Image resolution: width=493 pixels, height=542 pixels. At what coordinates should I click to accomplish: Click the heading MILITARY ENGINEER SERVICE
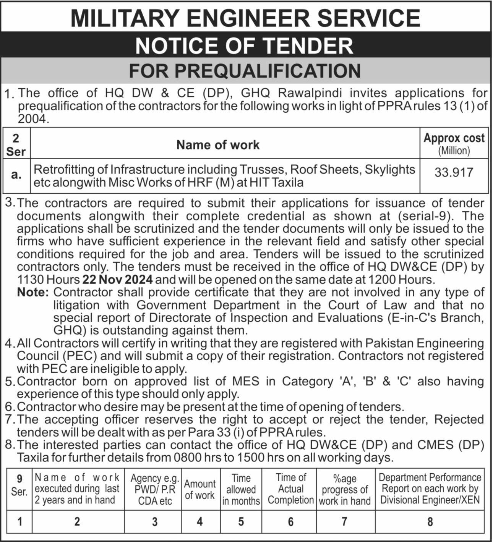click(x=245, y=18)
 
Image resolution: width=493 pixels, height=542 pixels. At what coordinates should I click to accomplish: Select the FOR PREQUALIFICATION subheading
click(x=245, y=71)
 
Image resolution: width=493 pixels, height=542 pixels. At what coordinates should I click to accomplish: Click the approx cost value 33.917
click(x=454, y=172)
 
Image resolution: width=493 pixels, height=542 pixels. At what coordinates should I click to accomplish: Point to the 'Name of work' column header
click(x=218, y=145)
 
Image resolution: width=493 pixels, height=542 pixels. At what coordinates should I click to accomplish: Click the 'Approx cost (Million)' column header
click(x=454, y=143)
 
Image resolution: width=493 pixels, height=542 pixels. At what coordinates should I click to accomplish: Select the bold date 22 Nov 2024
click(x=118, y=280)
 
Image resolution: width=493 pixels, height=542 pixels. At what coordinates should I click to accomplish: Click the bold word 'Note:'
click(x=33, y=293)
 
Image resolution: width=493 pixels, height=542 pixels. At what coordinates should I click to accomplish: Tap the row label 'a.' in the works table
click(x=16, y=175)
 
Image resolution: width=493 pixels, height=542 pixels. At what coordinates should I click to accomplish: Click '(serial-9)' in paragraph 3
click(x=426, y=216)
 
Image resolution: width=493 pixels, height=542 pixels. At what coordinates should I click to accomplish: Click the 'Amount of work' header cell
click(x=200, y=489)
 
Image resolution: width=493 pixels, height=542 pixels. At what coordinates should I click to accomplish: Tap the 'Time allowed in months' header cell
click(x=241, y=489)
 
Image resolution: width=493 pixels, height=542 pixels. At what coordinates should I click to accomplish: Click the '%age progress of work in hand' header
click(x=344, y=489)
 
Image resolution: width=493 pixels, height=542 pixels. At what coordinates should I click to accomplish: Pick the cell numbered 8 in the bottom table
click(x=430, y=521)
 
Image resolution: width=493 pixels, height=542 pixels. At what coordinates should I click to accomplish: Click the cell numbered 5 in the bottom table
click(x=241, y=521)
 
